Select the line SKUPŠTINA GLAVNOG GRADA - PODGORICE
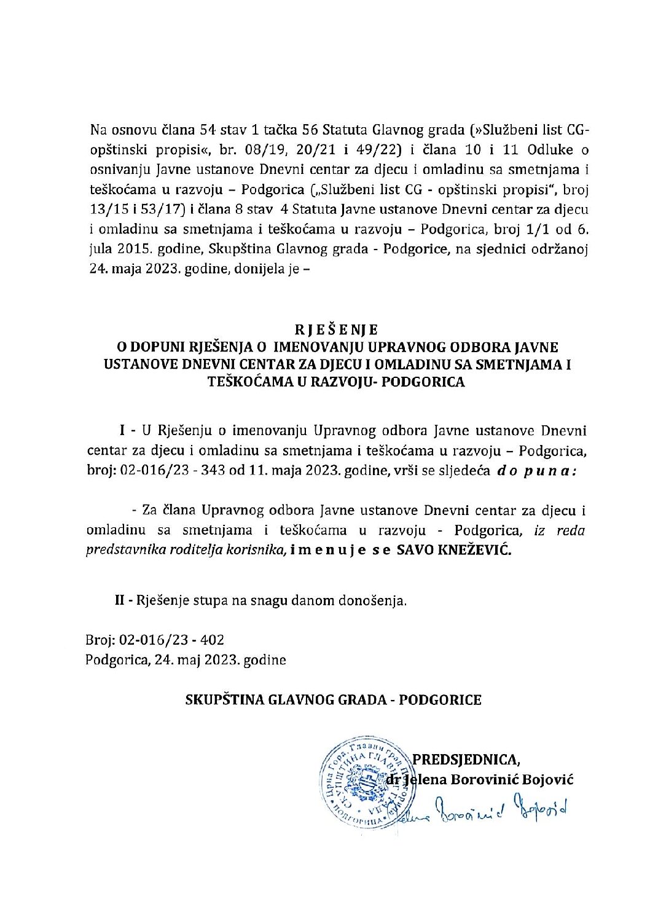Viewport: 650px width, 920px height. [334, 700]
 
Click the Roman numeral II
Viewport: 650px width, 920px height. [120, 600]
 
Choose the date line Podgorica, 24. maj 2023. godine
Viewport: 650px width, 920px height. [186, 661]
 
